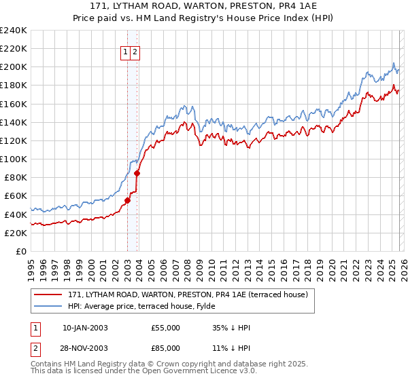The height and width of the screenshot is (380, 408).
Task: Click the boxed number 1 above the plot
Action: [x=126, y=52]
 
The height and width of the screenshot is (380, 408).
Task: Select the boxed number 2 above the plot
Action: [x=135, y=52]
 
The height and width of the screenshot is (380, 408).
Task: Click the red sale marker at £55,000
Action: [x=127, y=200]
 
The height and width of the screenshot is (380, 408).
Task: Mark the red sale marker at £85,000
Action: [x=137, y=173]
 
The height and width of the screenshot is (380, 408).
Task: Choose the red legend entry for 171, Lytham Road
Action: [x=187, y=294]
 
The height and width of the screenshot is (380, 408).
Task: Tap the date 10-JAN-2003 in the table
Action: [x=85, y=328]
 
